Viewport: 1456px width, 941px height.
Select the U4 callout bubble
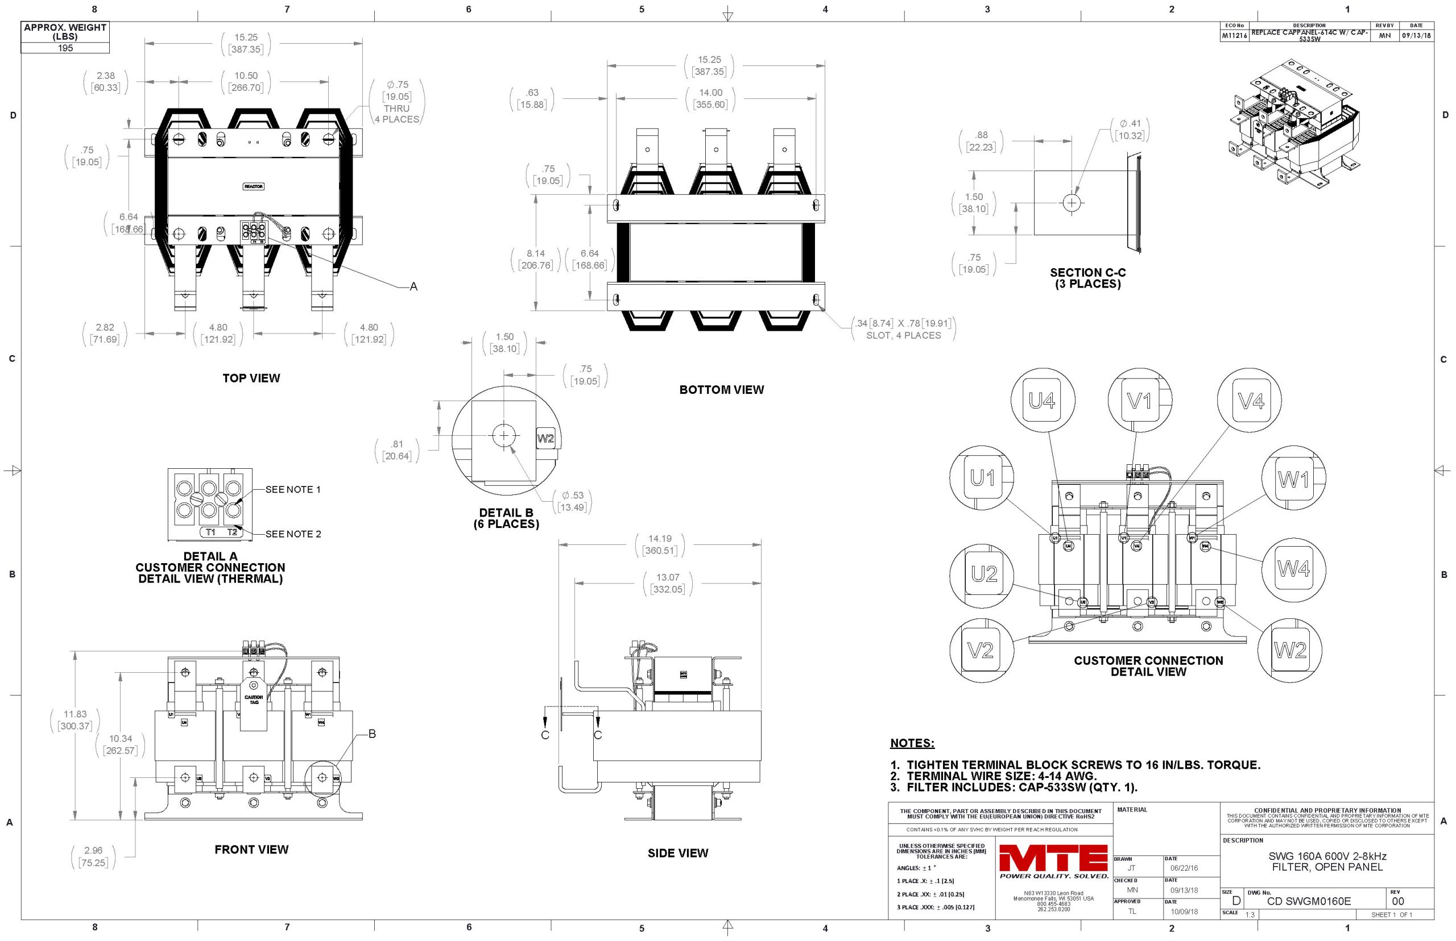pyautogui.click(x=1041, y=401)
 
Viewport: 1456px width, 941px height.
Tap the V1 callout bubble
pyautogui.click(x=1139, y=401)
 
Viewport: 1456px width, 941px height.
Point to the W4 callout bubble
pyautogui.click(x=1293, y=569)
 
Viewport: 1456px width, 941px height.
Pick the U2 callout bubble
pyautogui.click(x=983, y=574)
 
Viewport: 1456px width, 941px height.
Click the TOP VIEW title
pyautogui.click(x=251, y=378)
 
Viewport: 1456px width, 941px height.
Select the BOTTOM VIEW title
pyautogui.click(x=721, y=390)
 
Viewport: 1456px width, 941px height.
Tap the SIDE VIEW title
pyautogui.click(x=677, y=853)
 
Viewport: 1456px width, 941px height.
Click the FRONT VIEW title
pyautogui.click(x=251, y=850)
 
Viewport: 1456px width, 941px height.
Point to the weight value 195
pyautogui.click(x=65, y=48)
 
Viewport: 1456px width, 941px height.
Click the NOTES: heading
pyautogui.click(x=912, y=744)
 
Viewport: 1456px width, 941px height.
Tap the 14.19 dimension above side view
pyautogui.click(x=659, y=538)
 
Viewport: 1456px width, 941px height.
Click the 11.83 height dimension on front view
pyautogui.click(x=75, y=714)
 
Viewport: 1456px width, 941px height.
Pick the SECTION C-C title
pyautogui.click(x=1087, y=278)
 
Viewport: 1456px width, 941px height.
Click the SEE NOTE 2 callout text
pyautogui.click(x=293, y=534)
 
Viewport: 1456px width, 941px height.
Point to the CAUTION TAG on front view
pyautogui.click(x=254, y=699)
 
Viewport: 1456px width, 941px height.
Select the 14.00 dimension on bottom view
pyautogui.click(x=710, y=93)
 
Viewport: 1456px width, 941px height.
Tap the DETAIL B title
pyautogui.click(x=506, y=518)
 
